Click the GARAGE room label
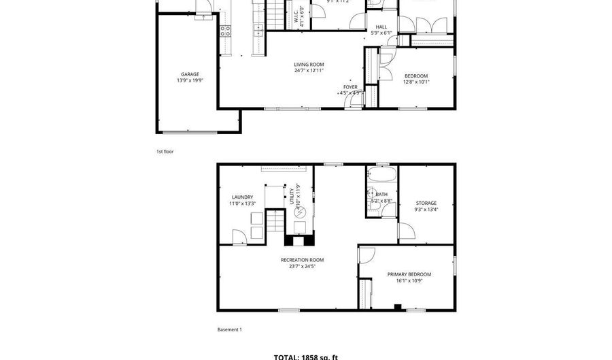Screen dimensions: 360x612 pyautogui.click(x=190, y=74)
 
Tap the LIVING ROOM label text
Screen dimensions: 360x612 pyautogui.click(x=309, y=64)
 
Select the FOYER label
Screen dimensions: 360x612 pyautogui.click(x=350, y=87)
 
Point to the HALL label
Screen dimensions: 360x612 pyautogui.click(x=381, y=27)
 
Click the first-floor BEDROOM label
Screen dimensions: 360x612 pyautogui.click(x=416, y=76)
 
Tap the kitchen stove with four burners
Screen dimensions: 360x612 pyautogui.click(x=225, y=30)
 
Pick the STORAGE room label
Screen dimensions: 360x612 pyautogui.click(x=426, y=203)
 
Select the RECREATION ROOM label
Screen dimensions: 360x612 pyautogui.click(x=303, y=260)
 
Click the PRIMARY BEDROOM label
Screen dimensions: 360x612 pyautogui.click(x=409, y=274)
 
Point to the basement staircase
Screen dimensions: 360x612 pyautogui.click(x=273, y=221)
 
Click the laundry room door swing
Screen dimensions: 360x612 pyautogui.click(x=239, y=237)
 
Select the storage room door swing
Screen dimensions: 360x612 pyautogui.click(x=406, y=231)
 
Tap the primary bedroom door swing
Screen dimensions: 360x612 pyautogui.click(x=367, y=256)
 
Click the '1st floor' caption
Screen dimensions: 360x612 pyautogui.click(x=165, y=152)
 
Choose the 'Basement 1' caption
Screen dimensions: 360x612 pyautogui.click(x=229, y=330)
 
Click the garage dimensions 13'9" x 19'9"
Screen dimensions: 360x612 pyautogui.click(x=190, y=80)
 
